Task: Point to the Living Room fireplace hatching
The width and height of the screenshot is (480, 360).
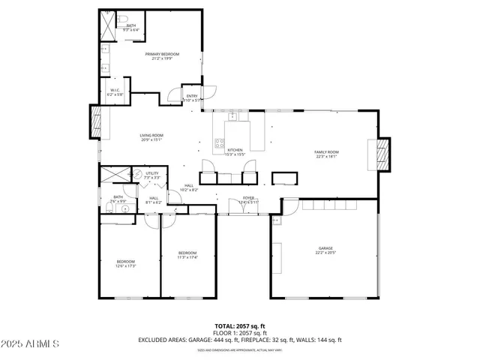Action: [95, 121]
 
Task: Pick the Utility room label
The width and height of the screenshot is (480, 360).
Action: [152, 174]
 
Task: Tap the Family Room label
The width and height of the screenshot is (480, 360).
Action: [326, 152]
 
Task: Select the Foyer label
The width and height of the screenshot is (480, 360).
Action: [247, 198]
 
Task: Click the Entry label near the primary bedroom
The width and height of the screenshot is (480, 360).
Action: [192, 96]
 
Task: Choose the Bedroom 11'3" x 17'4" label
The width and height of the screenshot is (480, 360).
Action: [187, 253]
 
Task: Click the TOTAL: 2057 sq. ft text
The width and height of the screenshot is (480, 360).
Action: [240, 325]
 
